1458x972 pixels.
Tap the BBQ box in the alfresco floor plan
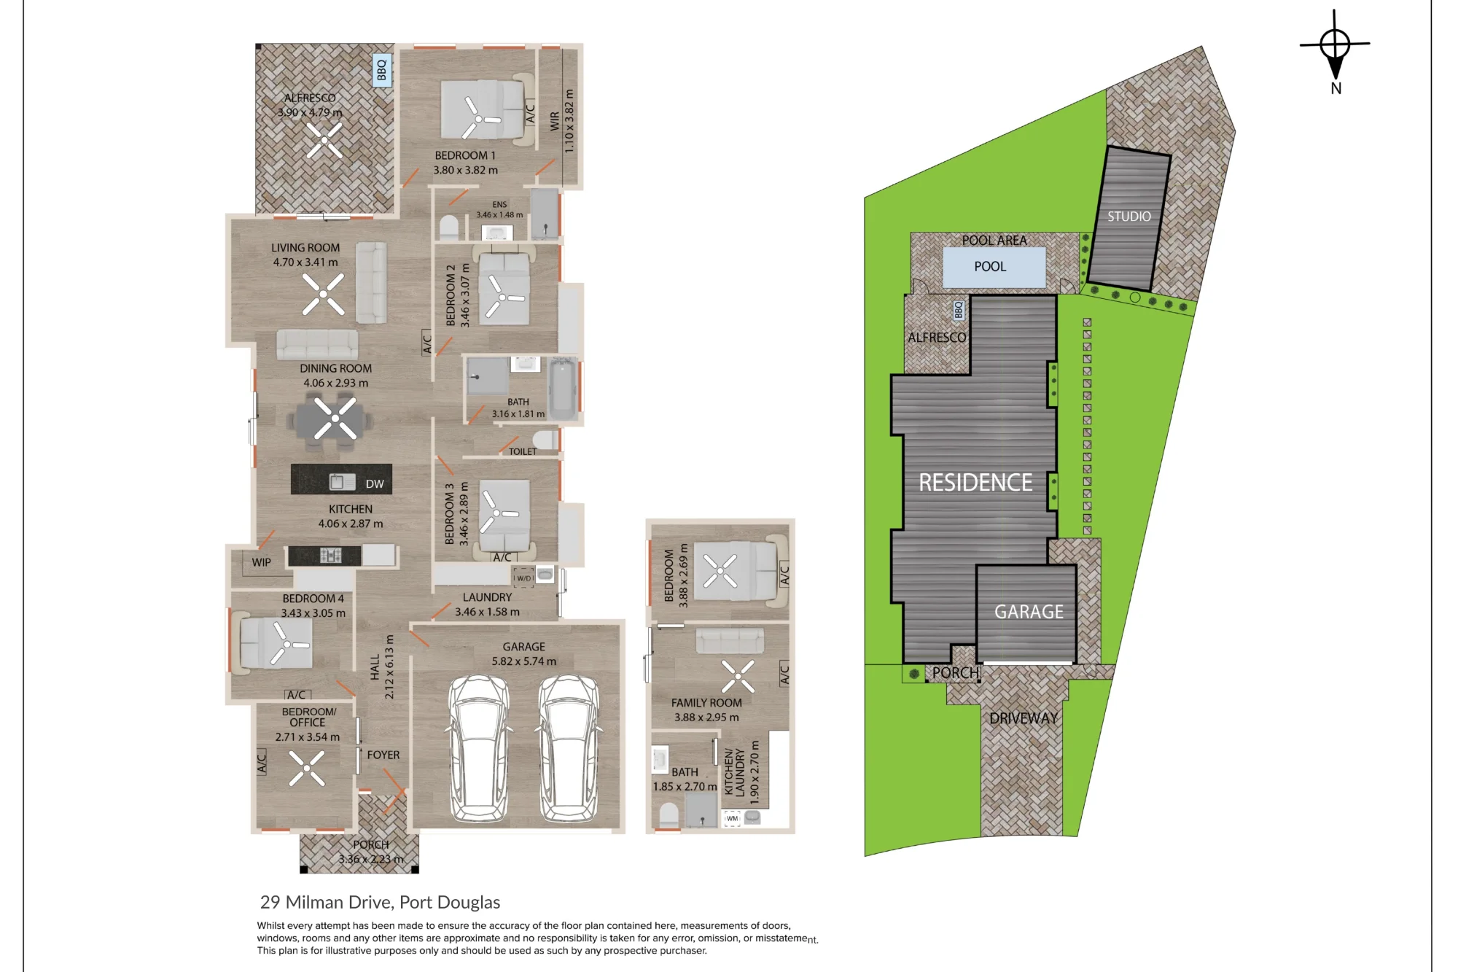(382, 71)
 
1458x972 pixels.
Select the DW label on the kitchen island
(375, 483)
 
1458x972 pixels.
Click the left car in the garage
(478, 747)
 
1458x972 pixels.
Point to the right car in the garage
(569, 747)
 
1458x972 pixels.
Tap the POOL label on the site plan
(990, 267)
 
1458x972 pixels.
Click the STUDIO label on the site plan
(1129, 217)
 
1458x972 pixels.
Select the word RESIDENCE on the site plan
(975, 482)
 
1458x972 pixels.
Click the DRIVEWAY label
(1024, 718)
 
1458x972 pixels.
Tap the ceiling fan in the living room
(323, 295)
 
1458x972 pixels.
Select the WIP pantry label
(261, 562)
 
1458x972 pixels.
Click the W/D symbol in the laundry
(524, 578)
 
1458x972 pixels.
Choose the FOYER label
(383, 755)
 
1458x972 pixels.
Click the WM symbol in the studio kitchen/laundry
(732, 818)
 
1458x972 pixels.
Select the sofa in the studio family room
(730, 641)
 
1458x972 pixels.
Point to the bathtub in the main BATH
(562, 389)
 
